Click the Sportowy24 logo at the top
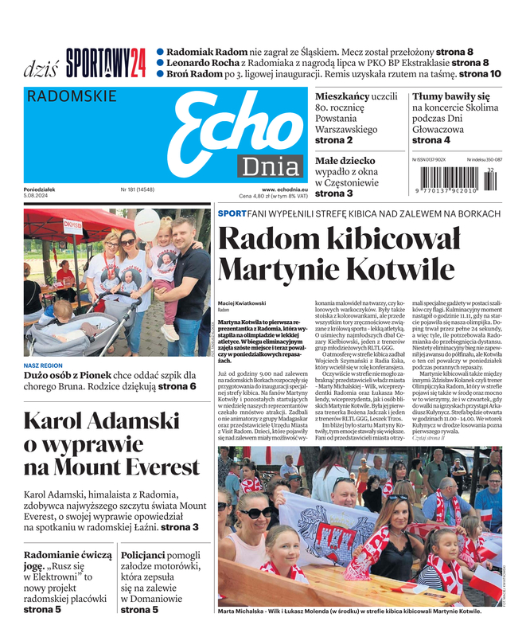[x=106, y=62]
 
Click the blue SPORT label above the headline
[x=232, y=213]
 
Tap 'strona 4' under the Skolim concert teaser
[x=431, y=140]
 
